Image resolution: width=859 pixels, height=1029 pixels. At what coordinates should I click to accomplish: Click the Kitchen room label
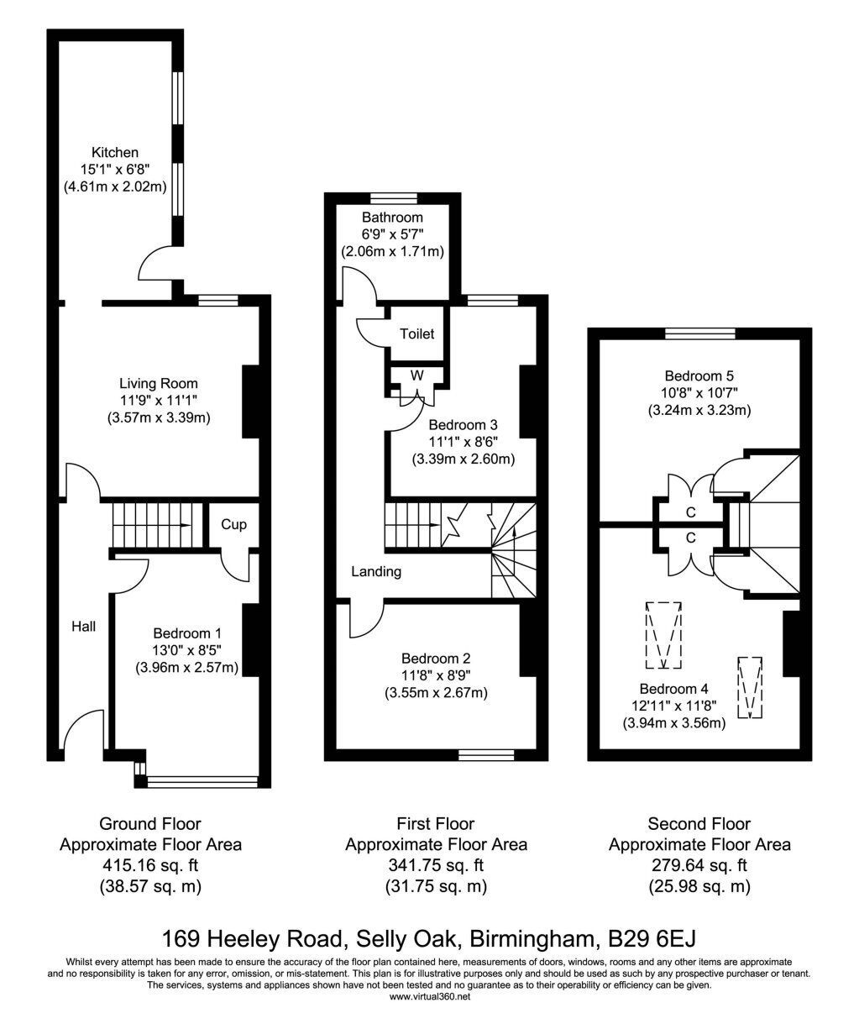115,152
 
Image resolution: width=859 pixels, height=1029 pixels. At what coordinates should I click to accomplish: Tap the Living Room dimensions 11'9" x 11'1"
159,400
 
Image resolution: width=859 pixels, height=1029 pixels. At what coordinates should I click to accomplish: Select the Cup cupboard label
233,524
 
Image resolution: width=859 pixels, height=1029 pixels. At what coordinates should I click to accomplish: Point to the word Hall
84,627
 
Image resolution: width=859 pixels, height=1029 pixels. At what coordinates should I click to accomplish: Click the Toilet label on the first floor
416,333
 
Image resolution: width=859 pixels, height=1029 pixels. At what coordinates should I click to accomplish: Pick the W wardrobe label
416,375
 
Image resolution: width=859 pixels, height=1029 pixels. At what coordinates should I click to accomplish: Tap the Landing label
376,572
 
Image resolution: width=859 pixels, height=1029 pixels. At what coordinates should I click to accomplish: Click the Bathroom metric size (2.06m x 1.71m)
393,252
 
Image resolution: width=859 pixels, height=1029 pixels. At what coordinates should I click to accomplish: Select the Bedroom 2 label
436,659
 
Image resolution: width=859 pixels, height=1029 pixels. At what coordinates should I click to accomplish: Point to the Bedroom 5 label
699,376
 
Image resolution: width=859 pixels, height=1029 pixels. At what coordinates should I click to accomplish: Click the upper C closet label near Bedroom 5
690,512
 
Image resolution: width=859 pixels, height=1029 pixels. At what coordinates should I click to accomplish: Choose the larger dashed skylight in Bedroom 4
663,635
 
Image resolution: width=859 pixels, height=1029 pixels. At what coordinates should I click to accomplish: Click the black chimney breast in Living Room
251,402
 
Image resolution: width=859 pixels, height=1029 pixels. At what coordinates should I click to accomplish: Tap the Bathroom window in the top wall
394,197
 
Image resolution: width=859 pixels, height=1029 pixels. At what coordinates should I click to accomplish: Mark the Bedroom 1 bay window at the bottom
202,781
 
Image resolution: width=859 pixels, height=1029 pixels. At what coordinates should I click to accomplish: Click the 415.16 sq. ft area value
150,865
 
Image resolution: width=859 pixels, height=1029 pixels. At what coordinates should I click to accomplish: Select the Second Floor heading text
699,823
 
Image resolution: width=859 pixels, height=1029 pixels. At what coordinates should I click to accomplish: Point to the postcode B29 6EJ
652,938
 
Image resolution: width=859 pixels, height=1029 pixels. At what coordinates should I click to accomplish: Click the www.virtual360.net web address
430,996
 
